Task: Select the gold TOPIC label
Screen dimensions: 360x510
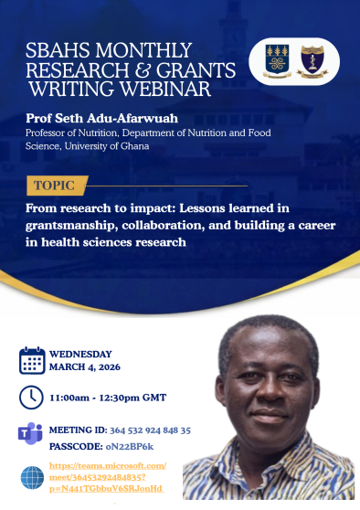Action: click(x=57, y=186)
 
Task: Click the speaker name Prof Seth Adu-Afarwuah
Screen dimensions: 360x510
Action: click(x=101, y=118)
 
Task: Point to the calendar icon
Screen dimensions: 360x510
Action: click(x=32, y=360)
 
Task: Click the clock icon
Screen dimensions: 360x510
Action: click(x=31, y=398)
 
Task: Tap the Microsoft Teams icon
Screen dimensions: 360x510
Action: click(x=30, y=433)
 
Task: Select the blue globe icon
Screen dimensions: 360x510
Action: click(x=32, y=477)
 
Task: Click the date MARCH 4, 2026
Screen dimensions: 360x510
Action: click(x=85, y=367)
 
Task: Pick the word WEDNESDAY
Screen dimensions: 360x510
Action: click(x=80, y=354)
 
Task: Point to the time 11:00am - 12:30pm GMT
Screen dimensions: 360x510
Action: click(x=108, y=398)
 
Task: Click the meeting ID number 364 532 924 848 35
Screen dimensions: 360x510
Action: click(x=150, y=430)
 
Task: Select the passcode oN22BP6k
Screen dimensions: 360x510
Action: click(x=130, y=447)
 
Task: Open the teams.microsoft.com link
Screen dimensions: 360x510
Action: click(x=107, y=477)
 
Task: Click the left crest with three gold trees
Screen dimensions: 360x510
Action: click(x=277, y=61)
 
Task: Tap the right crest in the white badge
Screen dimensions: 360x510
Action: click(x=312, y=61)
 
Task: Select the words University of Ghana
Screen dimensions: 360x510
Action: click(x=107, y=146)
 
